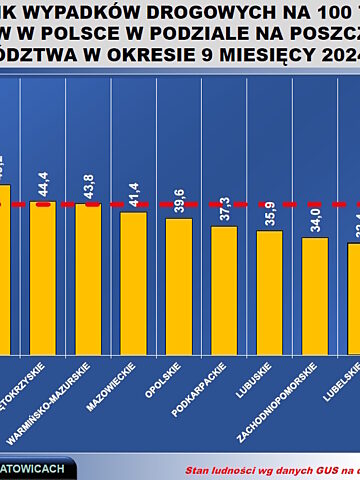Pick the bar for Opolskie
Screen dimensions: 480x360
(178, 286)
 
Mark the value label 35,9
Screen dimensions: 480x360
(269, 207)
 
